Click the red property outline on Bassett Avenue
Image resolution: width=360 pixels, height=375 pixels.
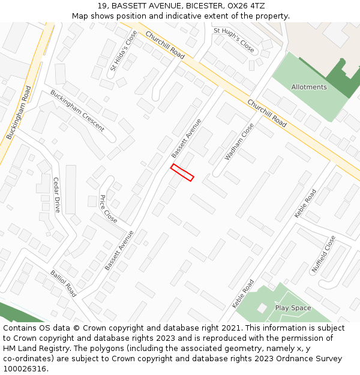[182, 172]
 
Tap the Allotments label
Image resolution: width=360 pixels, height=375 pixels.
[309, 87]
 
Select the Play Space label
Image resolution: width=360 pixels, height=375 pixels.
[293, 308]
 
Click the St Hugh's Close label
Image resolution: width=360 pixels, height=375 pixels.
[234, 39]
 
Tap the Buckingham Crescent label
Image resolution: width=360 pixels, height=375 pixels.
[77, 111]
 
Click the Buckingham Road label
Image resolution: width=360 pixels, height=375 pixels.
[19, 113]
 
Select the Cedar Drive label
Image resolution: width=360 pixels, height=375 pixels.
[57, 195]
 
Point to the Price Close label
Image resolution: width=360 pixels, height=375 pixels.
[108, 209]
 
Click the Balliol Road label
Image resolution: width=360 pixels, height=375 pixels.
[63, 282]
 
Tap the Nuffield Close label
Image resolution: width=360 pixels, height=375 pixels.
[323, 254]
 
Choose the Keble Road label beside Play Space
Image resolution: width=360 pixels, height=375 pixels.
[243, 294]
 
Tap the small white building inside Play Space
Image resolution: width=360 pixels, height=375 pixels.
[262, 308]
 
